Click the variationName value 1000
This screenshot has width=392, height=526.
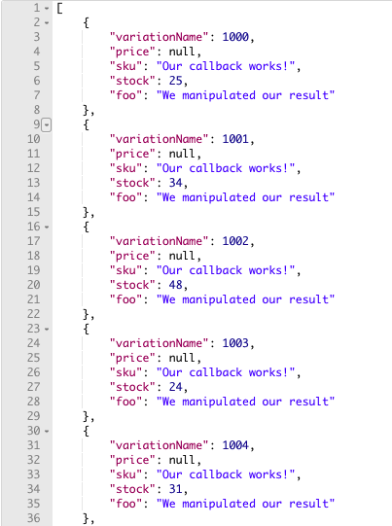[235, 37]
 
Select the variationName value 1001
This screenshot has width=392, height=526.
[235, 139]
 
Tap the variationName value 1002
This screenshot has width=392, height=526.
[235, 241]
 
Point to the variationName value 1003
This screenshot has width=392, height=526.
[235, 343]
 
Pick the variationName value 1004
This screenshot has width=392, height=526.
[235, 445]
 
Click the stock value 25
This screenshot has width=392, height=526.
[175, 81]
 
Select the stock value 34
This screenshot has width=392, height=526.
[175, 183]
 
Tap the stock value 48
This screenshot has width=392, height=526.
[175, 285]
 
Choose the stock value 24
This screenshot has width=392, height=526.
[175, 387]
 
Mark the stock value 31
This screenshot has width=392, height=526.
[175, 489]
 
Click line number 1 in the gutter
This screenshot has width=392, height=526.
[37, 8]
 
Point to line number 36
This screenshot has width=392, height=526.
[34, 518]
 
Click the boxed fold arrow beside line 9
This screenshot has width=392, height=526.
[47, 125]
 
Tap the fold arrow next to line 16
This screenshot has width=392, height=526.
[47, 228]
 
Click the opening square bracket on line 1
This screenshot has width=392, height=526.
[59, 8]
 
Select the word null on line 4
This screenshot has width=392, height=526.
[182, 52]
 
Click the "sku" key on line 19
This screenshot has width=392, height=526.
[125, 270]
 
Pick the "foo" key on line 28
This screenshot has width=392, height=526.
[125, 402]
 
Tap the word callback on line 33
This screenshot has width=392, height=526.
[216, 474]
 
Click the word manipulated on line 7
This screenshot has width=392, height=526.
[219, 95]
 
